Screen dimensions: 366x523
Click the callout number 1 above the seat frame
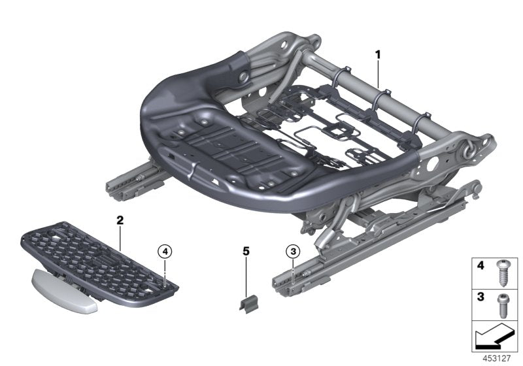[377, 54]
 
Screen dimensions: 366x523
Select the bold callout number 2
[120, 221]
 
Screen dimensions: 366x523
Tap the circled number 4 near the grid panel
[166, 250]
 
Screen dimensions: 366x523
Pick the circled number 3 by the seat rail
[292, 250]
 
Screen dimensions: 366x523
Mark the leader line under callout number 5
[246, 274]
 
